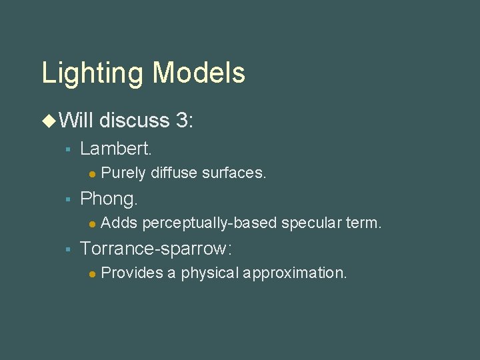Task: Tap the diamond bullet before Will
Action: point(49,121)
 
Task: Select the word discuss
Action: point(135,120)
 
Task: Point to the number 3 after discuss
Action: point(182,120)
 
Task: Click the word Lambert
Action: point(116,149)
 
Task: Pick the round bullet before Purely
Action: point(92,174)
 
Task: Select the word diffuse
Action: point(174,173)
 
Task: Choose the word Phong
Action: point(109,199)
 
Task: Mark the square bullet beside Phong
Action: point(67,199)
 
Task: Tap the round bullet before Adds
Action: point(92,223)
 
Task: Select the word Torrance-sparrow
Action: point(155,249)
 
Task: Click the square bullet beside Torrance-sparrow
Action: point(67,249)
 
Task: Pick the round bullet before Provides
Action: point(92,273)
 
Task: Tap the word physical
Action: point(210,273)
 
